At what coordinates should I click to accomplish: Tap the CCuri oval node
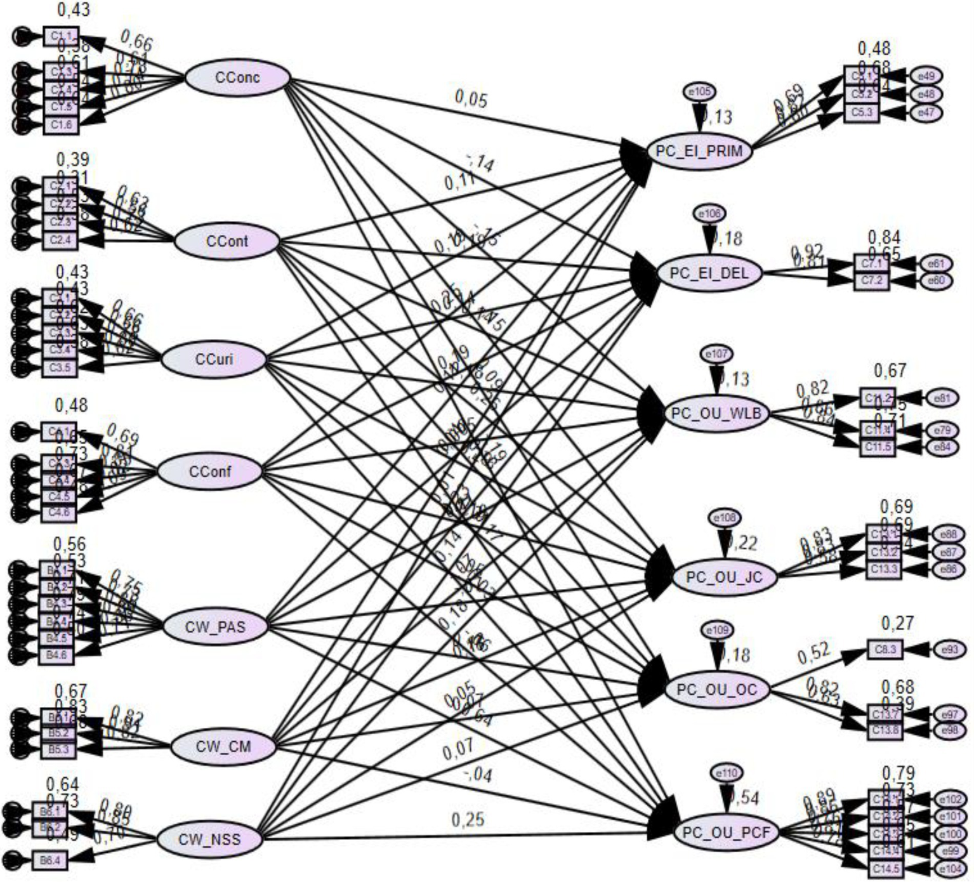point(214,359)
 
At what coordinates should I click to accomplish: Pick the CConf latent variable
point(209,472)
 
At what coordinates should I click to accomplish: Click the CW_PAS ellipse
point(215,627)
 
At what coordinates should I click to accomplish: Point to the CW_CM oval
point(223,746)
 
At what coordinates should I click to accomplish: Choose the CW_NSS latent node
point(209,839)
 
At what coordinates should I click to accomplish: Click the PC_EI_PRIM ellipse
point(700,152)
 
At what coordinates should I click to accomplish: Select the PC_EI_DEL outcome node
point(709,273)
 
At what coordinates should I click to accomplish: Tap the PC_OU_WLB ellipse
point(717,414)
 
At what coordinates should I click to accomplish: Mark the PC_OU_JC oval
point(725,577)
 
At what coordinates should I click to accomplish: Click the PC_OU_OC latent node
point(717,690)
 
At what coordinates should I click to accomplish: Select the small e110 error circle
point(727,773)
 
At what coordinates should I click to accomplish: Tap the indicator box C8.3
point(885,650)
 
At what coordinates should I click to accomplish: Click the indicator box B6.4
point(50,860)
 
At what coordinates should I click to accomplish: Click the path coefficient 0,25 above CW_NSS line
point(468,820)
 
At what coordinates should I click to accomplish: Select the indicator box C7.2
point(871,280)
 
